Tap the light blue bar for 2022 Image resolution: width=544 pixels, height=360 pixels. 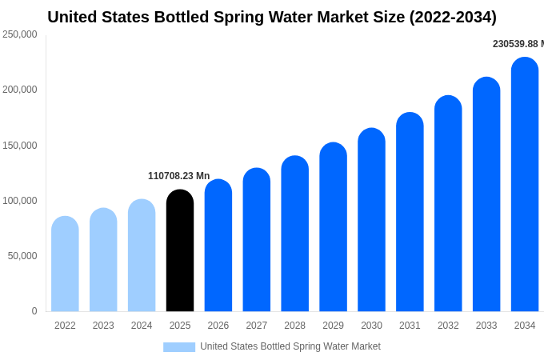[x=65, y=264]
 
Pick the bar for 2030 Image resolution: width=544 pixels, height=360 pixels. [x=371, y=220]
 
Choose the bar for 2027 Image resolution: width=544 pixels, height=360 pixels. [x=257, y=240]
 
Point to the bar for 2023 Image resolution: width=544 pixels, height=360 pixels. [x=103, y=260]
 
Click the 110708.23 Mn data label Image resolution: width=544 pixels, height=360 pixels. [x=178, y=176]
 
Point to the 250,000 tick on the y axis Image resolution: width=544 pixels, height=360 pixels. [x=20, y=34]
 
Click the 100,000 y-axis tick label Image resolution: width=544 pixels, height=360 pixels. [x=20, y=201]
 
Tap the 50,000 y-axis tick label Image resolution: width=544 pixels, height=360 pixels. [x=22, y=256]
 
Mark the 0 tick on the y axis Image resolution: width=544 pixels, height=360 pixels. [x=34, y=311]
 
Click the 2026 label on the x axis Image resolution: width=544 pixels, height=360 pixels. [x=218, y=326]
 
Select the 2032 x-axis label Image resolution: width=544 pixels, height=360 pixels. [x=448, y=326]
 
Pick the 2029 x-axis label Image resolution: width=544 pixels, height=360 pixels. [x=333, y=326]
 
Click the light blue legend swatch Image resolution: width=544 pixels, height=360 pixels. [x=179, y=347]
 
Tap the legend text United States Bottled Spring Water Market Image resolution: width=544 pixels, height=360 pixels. [x=290, y=346]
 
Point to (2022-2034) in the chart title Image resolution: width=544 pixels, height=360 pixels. [x=453, y=17]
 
